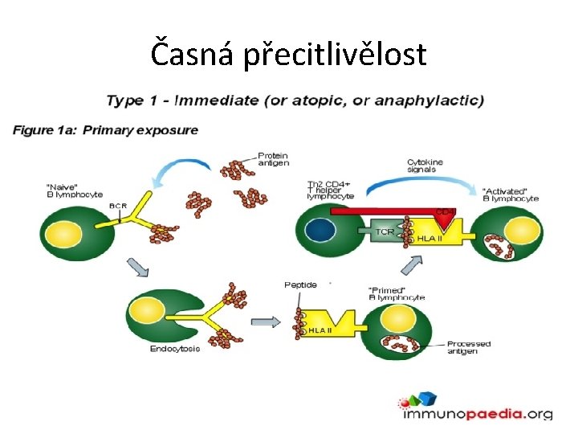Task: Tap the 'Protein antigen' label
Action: coord(273,158)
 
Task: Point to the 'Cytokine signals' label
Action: coord(425,166)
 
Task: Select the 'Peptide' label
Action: coord(301,285)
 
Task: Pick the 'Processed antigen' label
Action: coord(468,347)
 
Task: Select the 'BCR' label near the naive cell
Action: coord(117,206)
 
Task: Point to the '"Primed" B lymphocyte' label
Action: coord(396,293)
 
